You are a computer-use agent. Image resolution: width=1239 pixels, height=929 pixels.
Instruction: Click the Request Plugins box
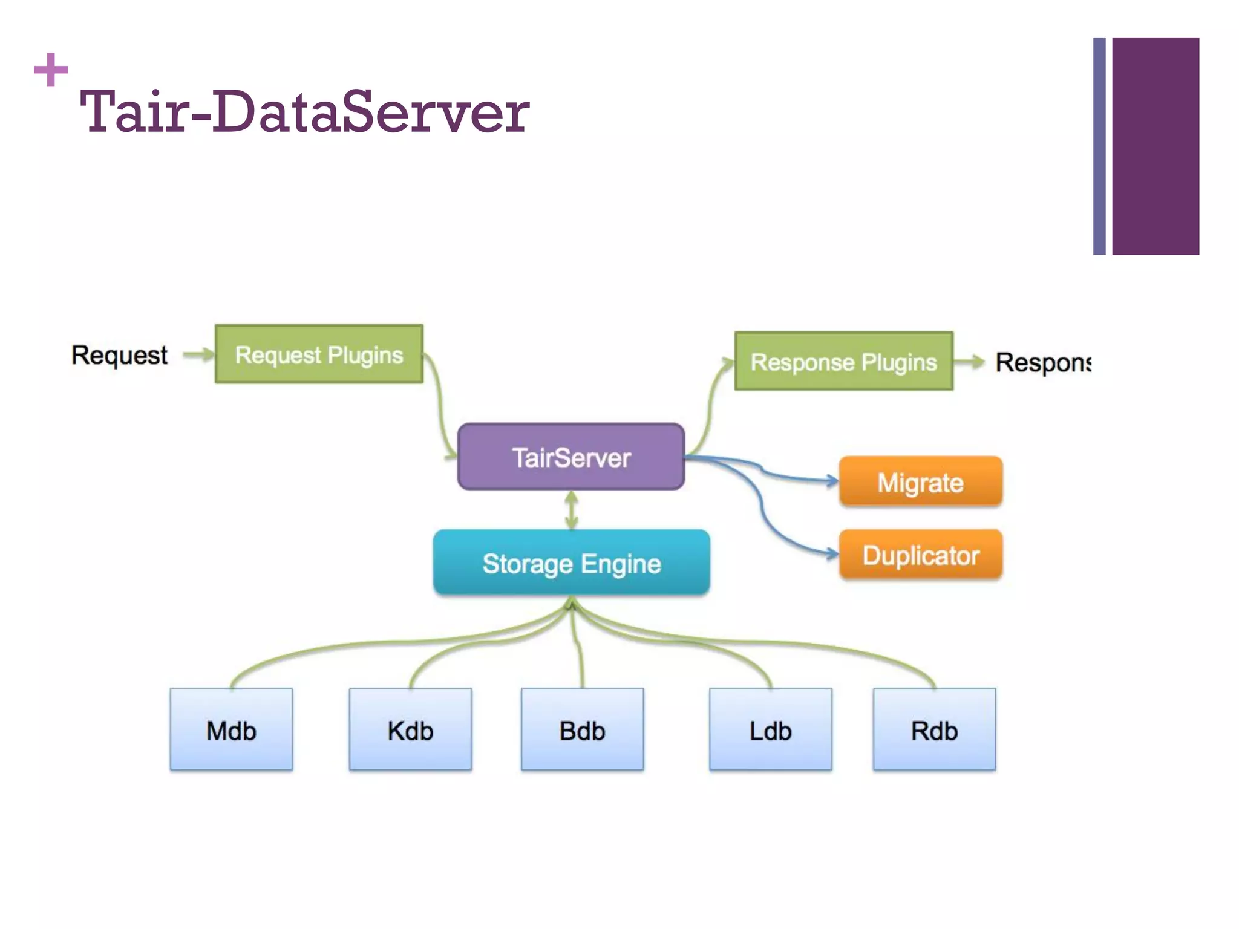tap(319, 354)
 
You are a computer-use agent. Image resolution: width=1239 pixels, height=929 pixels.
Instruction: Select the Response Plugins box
tap(843, 362)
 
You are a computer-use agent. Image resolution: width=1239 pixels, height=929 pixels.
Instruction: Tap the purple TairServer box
tap(571, 457)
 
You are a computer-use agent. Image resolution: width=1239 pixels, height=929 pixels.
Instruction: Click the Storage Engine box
tap(571, 563)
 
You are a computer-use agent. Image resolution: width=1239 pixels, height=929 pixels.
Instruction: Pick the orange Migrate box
tap(920, 482)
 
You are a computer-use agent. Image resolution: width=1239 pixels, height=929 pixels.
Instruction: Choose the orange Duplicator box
tap(920, 555)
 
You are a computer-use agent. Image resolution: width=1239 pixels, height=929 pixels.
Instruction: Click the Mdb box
tap(231, 729)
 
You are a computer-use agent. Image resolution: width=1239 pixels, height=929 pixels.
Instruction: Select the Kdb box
tap(410, 729)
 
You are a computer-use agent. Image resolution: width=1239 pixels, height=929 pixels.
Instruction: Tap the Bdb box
tap(582, 729)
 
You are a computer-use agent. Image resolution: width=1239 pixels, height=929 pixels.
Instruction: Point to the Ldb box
tap(770, 729)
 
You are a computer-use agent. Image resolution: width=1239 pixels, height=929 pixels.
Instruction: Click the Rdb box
tap(934, 729)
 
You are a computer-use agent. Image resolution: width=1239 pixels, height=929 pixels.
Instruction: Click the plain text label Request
tap(119, 355)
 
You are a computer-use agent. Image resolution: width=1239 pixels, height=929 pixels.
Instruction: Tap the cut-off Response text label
tap(1043, 362)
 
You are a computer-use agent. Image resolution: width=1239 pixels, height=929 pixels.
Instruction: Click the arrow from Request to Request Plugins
tap(198, 354)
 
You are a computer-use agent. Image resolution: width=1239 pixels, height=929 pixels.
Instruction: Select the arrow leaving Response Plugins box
tap(970, 362)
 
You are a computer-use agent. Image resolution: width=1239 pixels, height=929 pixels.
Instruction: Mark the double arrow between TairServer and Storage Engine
tap(571, 510)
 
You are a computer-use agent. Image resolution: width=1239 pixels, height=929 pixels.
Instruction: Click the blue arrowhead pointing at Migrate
tap(832, 481)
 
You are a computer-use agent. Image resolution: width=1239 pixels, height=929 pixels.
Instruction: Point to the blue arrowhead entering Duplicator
tap(832, 553)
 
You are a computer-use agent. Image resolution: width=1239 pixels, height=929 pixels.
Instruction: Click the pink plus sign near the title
tap(51, 70)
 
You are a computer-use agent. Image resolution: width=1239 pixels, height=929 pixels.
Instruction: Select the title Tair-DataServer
tap(304, 112)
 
